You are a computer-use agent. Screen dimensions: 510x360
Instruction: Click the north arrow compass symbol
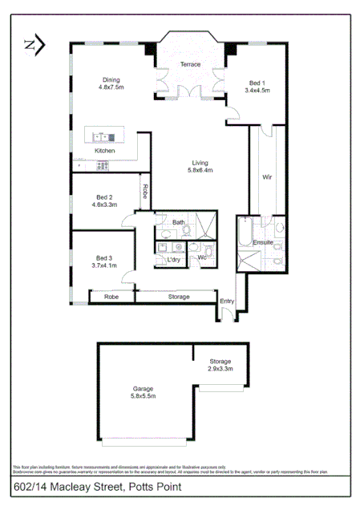pos(34,45)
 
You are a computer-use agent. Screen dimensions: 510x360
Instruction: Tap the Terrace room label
pos(190,64)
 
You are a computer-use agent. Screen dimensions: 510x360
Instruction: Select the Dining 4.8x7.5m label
pos(111,83)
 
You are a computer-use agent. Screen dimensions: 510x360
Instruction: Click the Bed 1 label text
pos(257,87)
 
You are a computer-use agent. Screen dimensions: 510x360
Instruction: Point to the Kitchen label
pos(105,151)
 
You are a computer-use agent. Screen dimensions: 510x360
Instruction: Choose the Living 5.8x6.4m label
pos(200,166)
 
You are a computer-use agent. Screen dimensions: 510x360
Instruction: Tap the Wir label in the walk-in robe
pos(268,177)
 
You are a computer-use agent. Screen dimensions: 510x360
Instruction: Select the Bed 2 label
pos(104,200)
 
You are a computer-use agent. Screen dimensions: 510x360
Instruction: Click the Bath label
pos(178,222)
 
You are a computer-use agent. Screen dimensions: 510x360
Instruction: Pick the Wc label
pos(203,257)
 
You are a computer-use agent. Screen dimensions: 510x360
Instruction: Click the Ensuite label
pos(264,241)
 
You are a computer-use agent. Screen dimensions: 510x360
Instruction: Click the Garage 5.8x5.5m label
pos(144,393)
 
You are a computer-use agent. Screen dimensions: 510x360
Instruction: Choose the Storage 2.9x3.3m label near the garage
pos(220,365)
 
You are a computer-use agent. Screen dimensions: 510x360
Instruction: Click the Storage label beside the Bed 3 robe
pos(179,297)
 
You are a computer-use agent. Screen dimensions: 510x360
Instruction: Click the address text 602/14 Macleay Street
pos(98,487)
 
